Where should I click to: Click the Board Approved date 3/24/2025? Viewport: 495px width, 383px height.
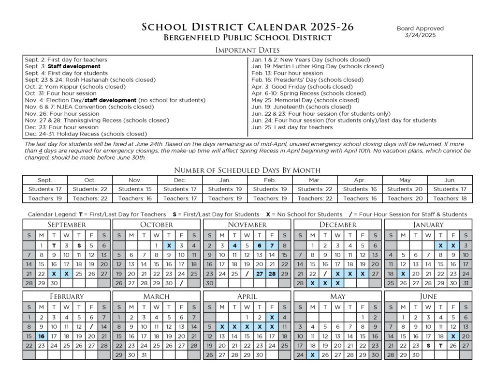[x=420, y=36]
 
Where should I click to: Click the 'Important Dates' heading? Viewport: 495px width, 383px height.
[x=247, y=50]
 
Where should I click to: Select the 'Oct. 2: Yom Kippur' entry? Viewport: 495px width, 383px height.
[x=75, y=87]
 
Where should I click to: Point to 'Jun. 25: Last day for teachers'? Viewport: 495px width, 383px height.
[x=292, y=127]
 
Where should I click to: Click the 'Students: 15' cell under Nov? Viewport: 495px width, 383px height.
[x=135, y=189]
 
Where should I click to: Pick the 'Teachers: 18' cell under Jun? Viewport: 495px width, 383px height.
[x=450, y=199]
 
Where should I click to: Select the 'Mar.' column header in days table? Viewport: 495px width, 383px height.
[x=315, y=180]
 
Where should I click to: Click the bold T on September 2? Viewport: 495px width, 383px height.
[x=54, y=245]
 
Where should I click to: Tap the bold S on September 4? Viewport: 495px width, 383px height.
[x=79, y=245]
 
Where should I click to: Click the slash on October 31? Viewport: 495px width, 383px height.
[x=181, y=283]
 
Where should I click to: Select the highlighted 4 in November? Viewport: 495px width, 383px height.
[x=234, y=245]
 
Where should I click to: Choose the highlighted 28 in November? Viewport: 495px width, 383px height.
[x=272, y=274]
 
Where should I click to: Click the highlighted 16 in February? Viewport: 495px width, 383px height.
[x=42, y=336]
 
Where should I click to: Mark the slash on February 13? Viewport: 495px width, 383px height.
[x=91, y=327]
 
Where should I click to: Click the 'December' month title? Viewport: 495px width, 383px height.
[x=338, y=225]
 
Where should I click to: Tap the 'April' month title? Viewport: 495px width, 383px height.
[x=247, y=296]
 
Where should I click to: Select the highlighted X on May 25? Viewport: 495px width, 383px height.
[x=312, y=355]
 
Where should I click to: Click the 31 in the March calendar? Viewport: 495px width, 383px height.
[x=144, y=355]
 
